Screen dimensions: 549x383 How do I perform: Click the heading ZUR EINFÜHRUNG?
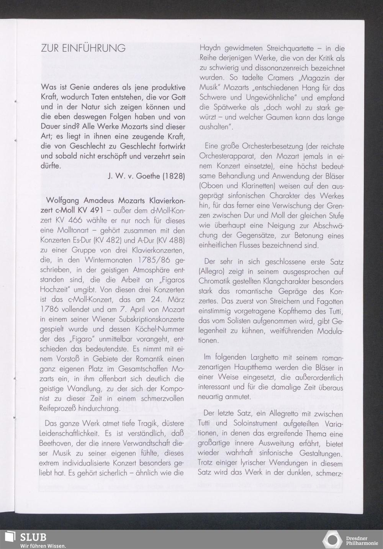(83, 48)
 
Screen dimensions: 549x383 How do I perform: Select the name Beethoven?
(57, 444)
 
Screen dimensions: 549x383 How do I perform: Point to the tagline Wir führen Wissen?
(43, 545)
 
